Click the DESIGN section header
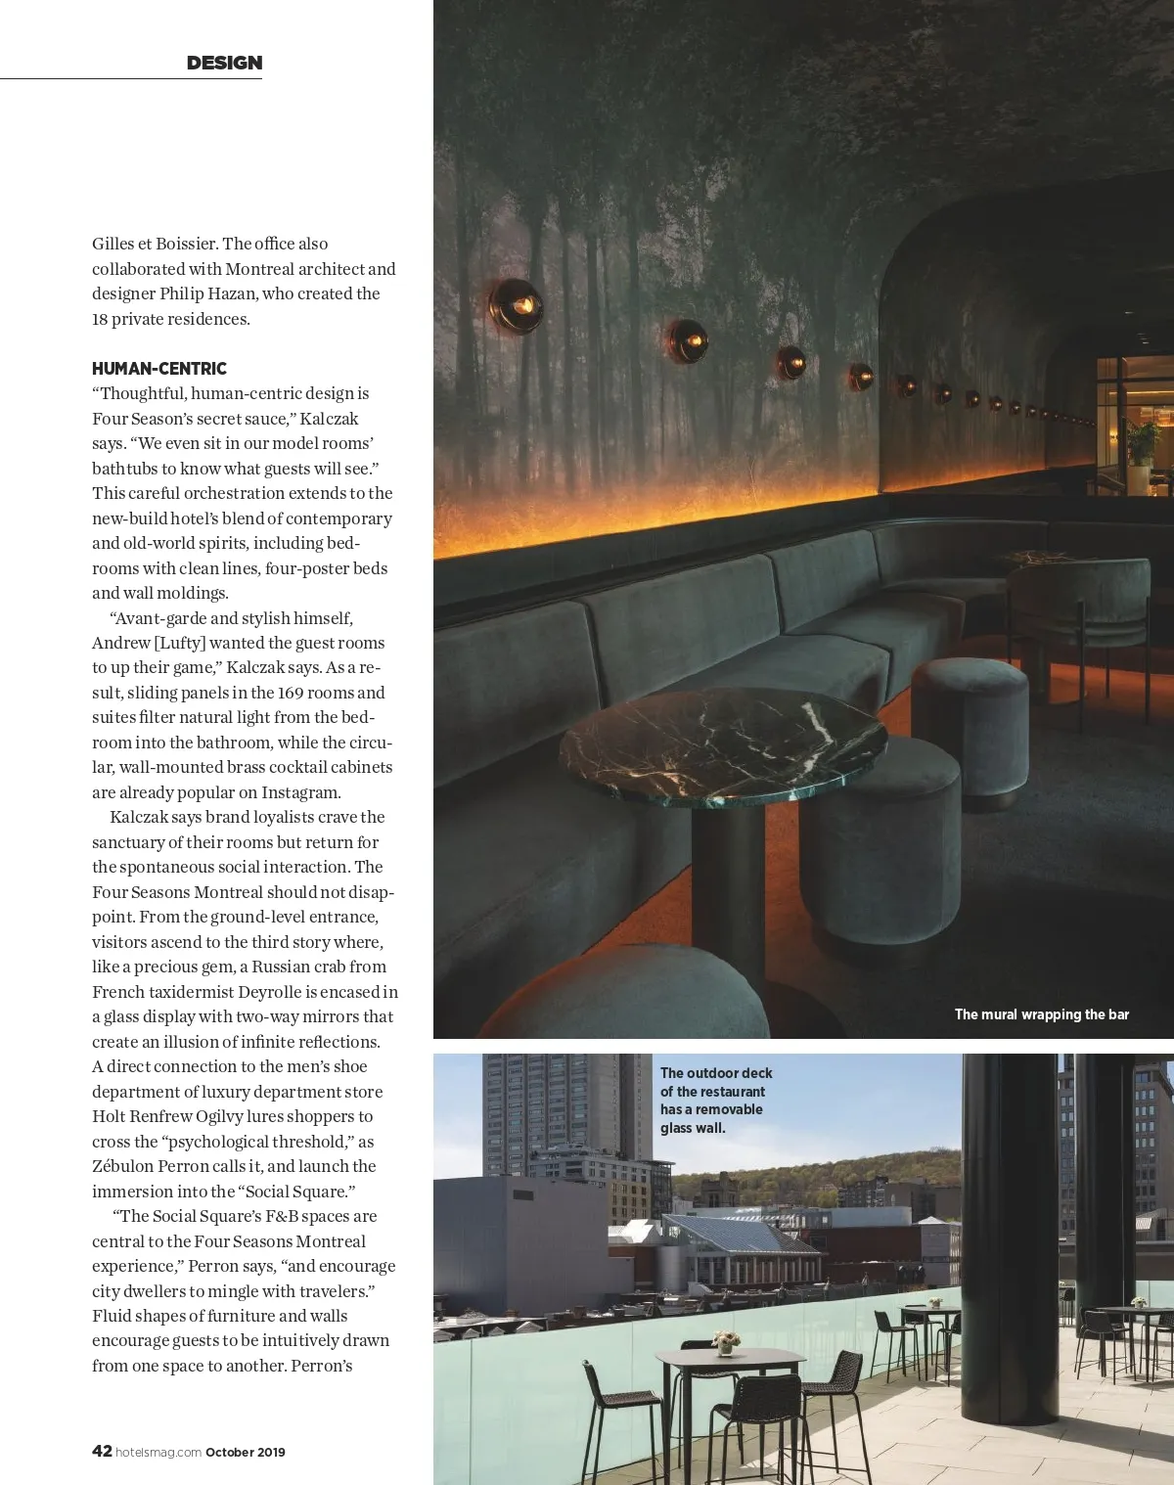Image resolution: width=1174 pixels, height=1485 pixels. (224, 63)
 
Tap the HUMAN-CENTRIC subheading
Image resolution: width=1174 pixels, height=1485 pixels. (159, 369)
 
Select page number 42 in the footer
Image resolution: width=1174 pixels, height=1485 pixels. (102, 1452)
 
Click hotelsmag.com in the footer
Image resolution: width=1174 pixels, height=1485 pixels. (158, 1453)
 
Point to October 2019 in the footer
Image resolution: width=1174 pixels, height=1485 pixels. (246, 1453)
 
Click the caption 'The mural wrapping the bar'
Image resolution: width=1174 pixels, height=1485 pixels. (1041, 1014)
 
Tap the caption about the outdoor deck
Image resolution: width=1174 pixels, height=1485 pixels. (715, 1101)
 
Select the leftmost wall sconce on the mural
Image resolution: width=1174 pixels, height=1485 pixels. (516, 305)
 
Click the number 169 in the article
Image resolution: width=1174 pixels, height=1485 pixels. (290, 693)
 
